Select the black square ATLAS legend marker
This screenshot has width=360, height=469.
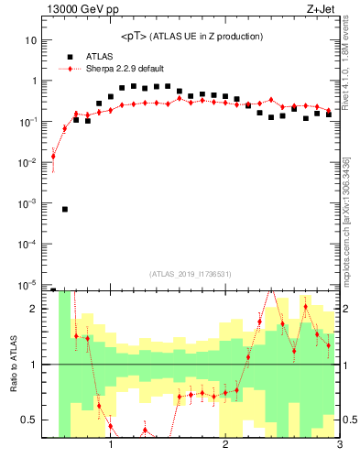click(x=71, y=55)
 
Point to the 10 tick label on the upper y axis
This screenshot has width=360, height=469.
click(x=33, y=40)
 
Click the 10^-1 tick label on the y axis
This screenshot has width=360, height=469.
click(x=29, y=122)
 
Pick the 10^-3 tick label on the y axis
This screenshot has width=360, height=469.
click(x=29, y=203)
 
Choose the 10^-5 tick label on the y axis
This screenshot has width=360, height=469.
click(x=29, y=284)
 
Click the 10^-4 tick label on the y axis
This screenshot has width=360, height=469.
click(x=29, y=244)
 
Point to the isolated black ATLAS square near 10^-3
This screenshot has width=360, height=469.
click(x=65, y=209)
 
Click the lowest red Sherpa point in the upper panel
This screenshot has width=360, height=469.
click(x=53, y=157)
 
